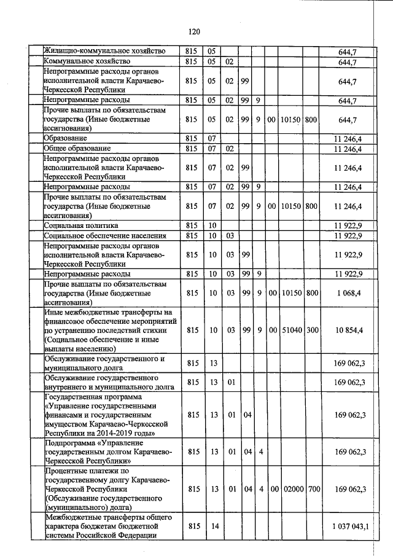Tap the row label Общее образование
click(77, 148)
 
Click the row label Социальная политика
click(80, 225)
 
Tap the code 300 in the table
click(311, 330)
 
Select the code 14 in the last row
click(214, 526)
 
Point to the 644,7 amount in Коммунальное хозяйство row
click(348, 61)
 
